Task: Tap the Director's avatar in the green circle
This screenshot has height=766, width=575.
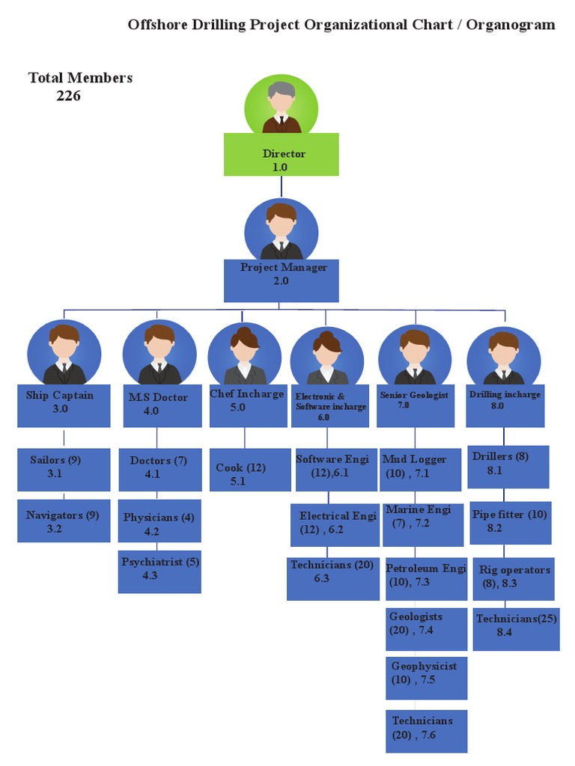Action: [x=282, y=105]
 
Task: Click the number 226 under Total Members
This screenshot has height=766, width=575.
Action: [x=68, y=96]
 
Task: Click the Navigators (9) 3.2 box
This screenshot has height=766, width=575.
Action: [x=64, y=521]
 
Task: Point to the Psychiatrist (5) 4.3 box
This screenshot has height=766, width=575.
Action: [x=159, y=572]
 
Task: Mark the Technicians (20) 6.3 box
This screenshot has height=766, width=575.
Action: [x=333, y=578]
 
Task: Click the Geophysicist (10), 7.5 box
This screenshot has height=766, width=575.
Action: [x=427, y=677]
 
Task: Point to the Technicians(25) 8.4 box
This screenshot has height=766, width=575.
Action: [x=516, y=628]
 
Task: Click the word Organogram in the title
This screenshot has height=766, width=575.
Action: [x=511, y=25]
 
